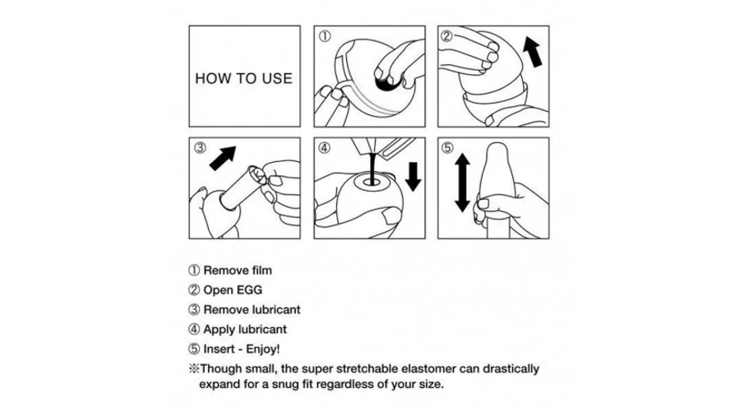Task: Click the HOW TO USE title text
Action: (243, 78)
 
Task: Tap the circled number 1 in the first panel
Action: (325, 36)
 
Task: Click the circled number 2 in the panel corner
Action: (446, 36)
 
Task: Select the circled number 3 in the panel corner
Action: (200, 148)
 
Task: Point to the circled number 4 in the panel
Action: (324, 148)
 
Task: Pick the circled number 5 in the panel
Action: (447, 148)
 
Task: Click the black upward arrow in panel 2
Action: (533, 53)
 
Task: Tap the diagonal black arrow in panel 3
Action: (222, 158)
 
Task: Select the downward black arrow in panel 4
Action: (413, 177)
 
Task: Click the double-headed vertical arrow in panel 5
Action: (462, 182)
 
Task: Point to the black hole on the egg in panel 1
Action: (387, 84)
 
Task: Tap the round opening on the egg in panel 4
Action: (373, 181)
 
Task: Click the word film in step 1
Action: (262, 270)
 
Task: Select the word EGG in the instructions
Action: (250, 289)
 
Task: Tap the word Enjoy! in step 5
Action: (263, 349)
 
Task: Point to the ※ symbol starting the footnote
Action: (194, 368)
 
